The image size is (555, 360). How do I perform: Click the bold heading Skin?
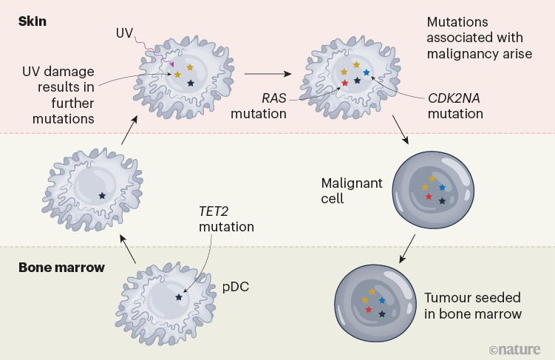33,21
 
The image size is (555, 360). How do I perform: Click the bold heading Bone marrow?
61,267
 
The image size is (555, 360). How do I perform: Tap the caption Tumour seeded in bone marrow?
472,306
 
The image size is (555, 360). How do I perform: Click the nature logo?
515,348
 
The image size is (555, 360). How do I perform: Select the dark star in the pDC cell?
179,297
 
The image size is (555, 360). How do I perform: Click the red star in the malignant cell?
429,197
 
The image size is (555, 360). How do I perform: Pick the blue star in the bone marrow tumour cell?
382,300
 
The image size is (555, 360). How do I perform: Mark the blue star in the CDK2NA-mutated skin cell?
366,72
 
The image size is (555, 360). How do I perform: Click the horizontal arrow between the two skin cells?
266,73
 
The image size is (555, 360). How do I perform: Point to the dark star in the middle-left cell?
102,195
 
